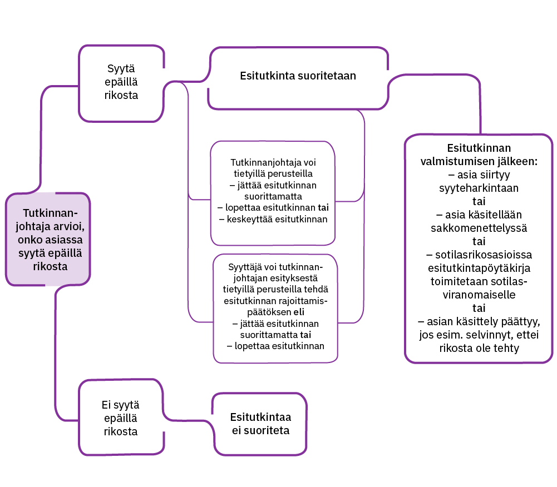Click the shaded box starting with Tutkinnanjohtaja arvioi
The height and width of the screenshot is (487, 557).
[49, 240]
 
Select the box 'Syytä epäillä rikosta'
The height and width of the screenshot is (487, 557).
[121, 82]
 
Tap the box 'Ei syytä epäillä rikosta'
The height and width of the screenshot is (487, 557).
[121, 418]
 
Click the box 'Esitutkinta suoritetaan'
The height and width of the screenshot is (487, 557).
[298, 76]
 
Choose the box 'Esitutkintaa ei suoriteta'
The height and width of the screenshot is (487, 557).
[260, 424]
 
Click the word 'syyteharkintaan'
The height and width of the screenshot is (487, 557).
[479, 188]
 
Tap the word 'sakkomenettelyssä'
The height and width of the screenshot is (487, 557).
[479, 228]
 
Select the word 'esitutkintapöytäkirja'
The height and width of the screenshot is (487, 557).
[479, 268]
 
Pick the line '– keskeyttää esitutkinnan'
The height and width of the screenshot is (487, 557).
[273, 219]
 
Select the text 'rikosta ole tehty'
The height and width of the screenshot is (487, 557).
[479, 349]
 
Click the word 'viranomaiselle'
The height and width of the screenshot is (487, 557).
[479, 295]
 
